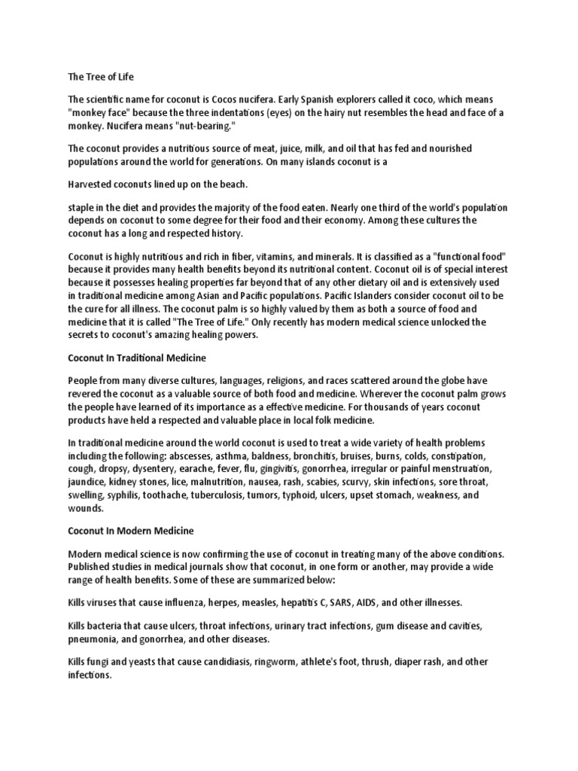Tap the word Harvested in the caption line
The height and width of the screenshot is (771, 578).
pyautogui.click(x=93, y=184)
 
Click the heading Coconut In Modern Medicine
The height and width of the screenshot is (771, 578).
pyautogui.click(x=131, y=532)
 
